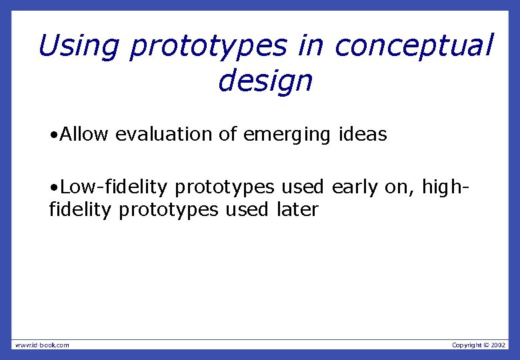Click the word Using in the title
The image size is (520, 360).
pos(79,47)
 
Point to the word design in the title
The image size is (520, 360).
pos(265,82)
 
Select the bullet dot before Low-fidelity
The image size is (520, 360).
pos(53,187)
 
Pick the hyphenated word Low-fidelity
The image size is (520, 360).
pos(113,187)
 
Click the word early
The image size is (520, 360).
pos(354,187)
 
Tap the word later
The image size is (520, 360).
pos(297,210)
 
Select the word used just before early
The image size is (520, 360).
pos(302,187)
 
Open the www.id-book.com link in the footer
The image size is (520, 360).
pos(42,345)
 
